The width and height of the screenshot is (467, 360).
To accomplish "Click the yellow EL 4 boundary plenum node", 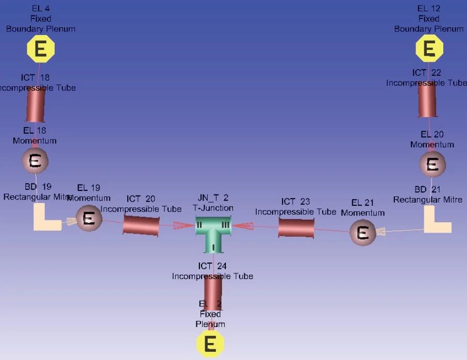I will pyautogui.click(x=41, y=50).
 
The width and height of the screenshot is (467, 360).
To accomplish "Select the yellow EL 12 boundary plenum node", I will pyautogui.click(x=429, y=49).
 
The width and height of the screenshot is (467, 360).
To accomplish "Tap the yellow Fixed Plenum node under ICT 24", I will pyautogui.click(x=210, y=343).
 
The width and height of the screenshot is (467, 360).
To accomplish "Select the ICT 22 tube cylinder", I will pyautogui.click(x=427, y=100).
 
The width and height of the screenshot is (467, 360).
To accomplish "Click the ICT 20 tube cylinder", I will pyautogui.click(x=141, y=225).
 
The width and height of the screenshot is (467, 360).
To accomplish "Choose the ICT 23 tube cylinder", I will pyautogui.click(x=296, y=227).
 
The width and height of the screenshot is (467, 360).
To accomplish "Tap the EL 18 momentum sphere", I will pyautogui.click(x=35, y=161).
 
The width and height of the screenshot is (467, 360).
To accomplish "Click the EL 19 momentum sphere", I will pyautogui.click(x=89, y=219).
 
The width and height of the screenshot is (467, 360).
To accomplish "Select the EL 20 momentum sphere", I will pyautogui.click(x=432, y=165).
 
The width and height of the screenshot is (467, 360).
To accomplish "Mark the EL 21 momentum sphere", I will pyautogui.click(x=363, y=233).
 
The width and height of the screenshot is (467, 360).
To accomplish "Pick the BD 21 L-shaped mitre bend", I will pyautogui.click(x=436, y=220).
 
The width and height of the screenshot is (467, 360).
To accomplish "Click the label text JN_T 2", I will pyautogui.click(x=213, y=199).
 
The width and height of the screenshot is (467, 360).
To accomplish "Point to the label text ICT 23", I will pyautogui.click(x=295, y=202).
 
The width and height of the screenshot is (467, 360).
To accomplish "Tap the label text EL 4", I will pyautogui.click(x=40, y=9).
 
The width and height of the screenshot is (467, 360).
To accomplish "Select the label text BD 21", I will pyautogui.click(x=427, y=189).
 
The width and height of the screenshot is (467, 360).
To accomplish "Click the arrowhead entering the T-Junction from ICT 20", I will pyautogui.click(x=184, y=225).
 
